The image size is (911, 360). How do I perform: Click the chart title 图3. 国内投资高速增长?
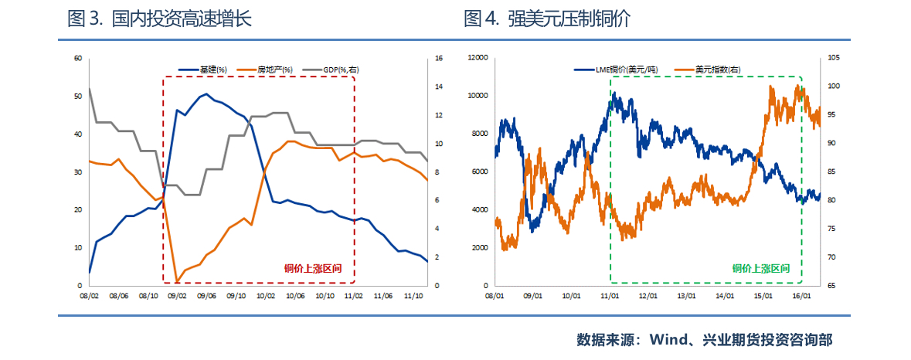pyautogui.click(x=160, y=19)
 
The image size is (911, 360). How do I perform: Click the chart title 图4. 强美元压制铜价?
pyautogui.click(x=547, y=19)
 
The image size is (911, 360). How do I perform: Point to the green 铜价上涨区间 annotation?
pyautogui.click(x=761, y=269)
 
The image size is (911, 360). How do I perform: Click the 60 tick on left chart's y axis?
pyautogui.click(x=78, y=58)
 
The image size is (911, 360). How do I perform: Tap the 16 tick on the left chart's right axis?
pyautogui.click(x=438, y=58)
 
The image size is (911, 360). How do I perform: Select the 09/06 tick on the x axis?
pyautogui.click(x=206, y=295)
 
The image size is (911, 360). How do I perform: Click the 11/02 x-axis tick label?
pyautogui.click(x=353, y=295)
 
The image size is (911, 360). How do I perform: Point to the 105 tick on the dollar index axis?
pyautogui.click(x=833, y=58)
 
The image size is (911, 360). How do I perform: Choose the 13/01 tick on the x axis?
pyautogui.click(x=686, y=295)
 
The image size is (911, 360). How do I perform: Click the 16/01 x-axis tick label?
pyautogui.click(x=802, y=295)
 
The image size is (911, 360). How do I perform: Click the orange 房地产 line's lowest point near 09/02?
pyautogui.click(x=177, y=282)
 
